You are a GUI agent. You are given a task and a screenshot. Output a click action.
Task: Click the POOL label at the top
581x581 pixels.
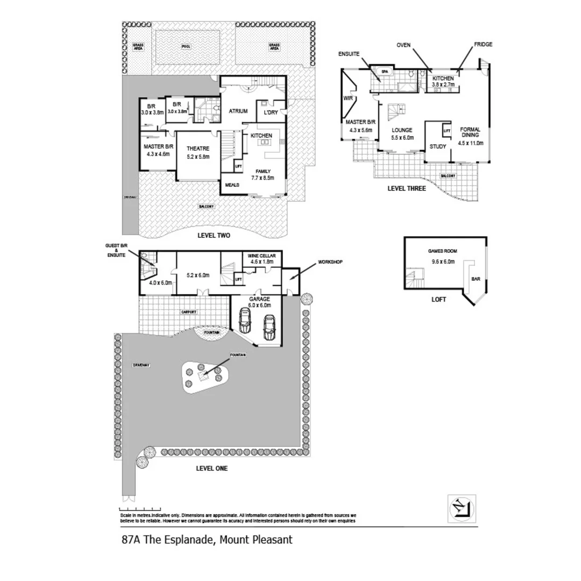(186, 47)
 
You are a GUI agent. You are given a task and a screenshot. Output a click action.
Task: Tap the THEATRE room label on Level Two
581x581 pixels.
(197, 148)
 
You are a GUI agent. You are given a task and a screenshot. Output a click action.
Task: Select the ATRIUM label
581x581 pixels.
(238, 111)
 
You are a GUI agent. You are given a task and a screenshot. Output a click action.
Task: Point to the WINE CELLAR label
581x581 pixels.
(260, 255)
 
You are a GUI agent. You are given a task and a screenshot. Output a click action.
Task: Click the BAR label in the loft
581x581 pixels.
(476, 279)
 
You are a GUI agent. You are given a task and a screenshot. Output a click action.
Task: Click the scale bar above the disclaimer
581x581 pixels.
(140, 509)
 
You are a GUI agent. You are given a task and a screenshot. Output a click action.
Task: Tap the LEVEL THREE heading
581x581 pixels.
(407, 188)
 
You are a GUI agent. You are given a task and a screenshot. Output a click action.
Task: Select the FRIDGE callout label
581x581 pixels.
(483, 45)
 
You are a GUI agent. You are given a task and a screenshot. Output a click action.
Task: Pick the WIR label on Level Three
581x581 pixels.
(348, 98)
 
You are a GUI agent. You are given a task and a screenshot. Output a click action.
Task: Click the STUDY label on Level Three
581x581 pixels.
(438, 146)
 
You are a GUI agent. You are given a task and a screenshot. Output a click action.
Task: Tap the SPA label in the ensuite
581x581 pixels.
(384, 71)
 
